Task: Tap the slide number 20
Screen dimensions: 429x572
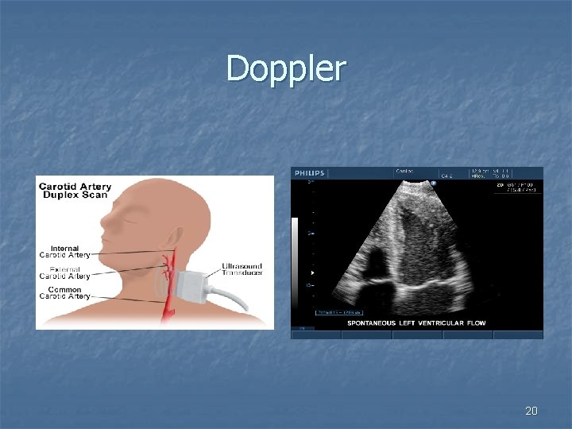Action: click(531, 411)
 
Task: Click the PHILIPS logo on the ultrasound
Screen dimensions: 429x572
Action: click(311, 173)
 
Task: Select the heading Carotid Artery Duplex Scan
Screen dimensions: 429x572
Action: click(75, 191)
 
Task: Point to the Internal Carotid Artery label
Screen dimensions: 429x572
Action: click(65, 252)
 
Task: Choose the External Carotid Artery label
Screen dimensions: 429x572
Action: click(65, 272)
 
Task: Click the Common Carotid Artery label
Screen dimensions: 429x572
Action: click(65, 292)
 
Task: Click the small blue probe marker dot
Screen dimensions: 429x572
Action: click(434, 183)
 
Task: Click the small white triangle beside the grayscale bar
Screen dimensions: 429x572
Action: click(312, 272)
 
